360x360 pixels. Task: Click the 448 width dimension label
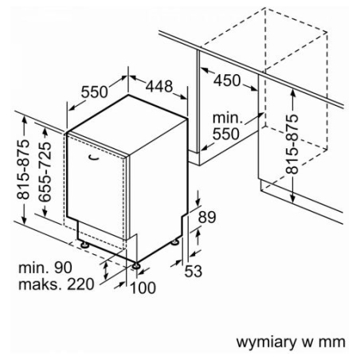click(159, 86)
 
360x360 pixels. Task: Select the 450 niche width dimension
click(227, 80)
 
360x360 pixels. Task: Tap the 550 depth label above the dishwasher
click(95, 92)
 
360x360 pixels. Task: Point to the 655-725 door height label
click(45, 171)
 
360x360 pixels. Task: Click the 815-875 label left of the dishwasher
click(23, 170)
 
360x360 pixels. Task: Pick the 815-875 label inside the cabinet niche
click(292, 144)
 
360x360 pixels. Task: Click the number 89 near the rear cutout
click(207, 217)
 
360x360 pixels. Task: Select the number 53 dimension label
click(194, 271)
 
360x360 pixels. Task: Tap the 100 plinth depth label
click(143, 288)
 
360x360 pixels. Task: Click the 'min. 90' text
click(45, 268)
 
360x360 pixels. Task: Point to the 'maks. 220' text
click(57, 284)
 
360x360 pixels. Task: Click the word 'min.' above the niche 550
click(228, 118)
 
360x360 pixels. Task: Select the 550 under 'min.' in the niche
click(226, 134)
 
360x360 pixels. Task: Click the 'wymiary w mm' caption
click(291, 342)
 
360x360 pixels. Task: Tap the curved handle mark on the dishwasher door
click(93, 158)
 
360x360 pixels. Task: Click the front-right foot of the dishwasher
click(136, 265)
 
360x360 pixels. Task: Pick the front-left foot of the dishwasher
click(84, 245)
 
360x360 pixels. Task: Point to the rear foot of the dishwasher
click(174, 242)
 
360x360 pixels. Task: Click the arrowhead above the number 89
click(198, 202)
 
